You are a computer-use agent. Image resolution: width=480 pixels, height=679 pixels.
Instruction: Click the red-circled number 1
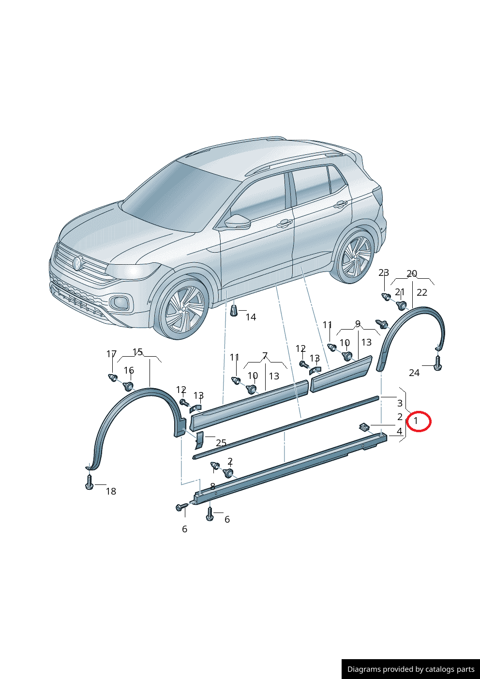[x=416, y=421]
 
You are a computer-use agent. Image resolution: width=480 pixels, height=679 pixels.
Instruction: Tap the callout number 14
[x=251, y=317]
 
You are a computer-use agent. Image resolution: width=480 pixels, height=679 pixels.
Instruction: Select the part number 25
[x=221, y=443]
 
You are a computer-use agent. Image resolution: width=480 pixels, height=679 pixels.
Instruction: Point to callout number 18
[x=111, y=491]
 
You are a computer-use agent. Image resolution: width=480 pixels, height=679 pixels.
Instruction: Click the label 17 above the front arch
[x=111, y=354]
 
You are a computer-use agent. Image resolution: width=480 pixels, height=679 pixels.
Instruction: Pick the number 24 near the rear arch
[x=414, y=373]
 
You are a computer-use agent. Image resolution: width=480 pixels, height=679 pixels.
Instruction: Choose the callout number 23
[x=384, y=273]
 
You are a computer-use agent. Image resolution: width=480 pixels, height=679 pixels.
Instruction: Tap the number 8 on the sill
[x=212, y=486]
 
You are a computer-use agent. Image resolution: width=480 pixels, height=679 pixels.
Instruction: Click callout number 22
[x=422, y=292]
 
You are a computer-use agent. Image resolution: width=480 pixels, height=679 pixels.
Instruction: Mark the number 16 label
[x=129, y=370]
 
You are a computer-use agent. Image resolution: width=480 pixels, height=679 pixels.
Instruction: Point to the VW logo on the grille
[x=77, y=263]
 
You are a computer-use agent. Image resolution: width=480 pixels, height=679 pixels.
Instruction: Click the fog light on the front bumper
[x=120, y=302]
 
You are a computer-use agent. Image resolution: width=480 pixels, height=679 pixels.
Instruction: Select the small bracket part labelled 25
[x=199, y=440]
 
